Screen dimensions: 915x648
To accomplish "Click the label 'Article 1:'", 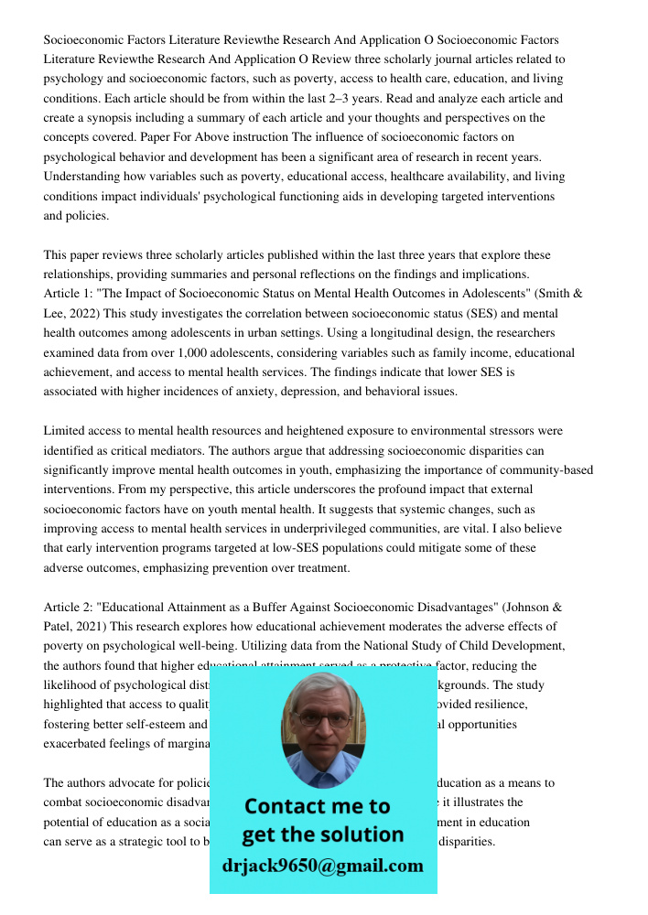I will (70, 294).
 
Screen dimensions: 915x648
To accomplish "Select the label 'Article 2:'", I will (70, 607).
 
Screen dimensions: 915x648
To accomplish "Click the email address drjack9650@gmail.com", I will (323, 865).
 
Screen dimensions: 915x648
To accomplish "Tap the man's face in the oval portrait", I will (322, 720).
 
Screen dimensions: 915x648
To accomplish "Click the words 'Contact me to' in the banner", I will (318, 806).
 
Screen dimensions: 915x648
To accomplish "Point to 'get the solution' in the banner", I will (322, 834).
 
